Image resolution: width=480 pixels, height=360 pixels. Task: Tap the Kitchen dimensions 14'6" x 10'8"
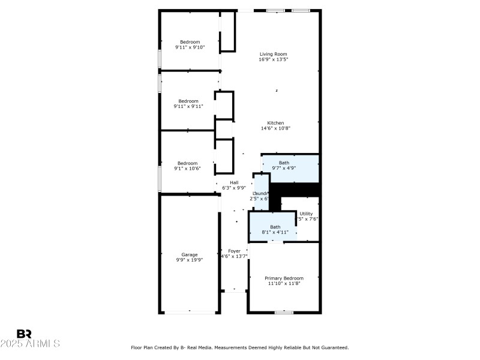(x=275, y=128)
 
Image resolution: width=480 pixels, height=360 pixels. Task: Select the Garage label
(x=190, y=254)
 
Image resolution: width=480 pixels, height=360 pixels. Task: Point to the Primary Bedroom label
(x=284, y=278)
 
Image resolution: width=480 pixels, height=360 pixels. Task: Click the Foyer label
(x=233, y=251)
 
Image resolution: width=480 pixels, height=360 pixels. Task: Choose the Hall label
(x=234, y=182)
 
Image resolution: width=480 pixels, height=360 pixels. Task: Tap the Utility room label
(x=306, y=214)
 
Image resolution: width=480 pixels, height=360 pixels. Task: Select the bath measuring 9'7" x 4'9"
(x=284, y=163)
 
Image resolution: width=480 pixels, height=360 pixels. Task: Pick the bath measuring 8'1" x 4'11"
(x=275, y=226)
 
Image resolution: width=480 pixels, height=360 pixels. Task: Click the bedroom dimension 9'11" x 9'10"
(x=190, y=47)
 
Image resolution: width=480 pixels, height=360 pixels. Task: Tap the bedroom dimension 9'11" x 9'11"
(x=188, y=106)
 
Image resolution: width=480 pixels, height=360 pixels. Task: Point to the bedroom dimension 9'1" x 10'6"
(x=187, y=169)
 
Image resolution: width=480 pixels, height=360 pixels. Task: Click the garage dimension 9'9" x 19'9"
(x=190, y=260)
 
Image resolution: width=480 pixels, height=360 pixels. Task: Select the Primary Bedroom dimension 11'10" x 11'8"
(x=284, y=283)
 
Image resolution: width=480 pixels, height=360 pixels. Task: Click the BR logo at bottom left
(x=24, y=334)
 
